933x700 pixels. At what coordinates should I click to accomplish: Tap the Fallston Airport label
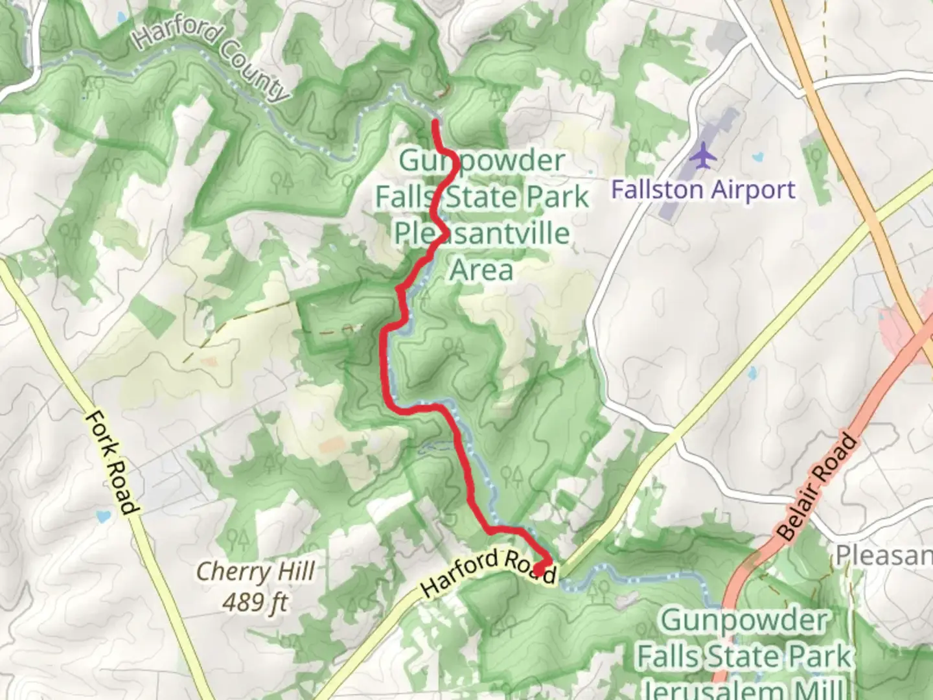tap(703, 190)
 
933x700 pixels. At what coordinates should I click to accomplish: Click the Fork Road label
tap(112, 462)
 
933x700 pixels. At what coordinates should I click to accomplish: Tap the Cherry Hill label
tap(255, 572)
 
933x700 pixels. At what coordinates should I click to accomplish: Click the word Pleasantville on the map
tap(482, 233)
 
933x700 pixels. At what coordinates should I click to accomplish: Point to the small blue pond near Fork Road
tap(100, 517)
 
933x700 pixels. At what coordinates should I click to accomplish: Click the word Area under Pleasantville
tap(481, 270)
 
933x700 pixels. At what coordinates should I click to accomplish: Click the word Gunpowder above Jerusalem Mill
tap(743, 621)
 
